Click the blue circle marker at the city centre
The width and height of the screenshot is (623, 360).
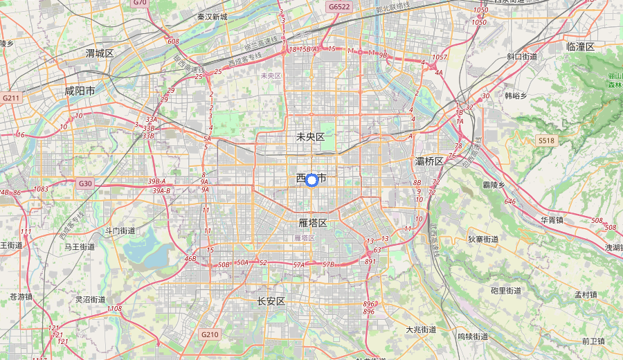pyautogui.click(x=311, y=180)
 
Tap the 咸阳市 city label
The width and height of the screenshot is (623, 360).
pyautogui.click(x=80, y=91)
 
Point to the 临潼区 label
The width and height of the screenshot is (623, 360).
pyautogui.click(x=580, y=46)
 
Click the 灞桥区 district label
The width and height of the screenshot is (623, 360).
pyautogui.click(x=429, y=161)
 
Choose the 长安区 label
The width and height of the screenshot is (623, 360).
pyautogui.click(x=271, y=301)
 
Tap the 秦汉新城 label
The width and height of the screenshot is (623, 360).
pyautogui.click(x=212, y=17)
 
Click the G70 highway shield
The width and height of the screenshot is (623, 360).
pyautogui.click(x=140, y=3)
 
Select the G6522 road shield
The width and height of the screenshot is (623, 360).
pyautogui.click(x=340, y=7)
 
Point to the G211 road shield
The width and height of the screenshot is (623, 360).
pyautogui.click(x=11, y=98)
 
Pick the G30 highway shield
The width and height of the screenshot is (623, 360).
pyautogui.click(x=85, y=183)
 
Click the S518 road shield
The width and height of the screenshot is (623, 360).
pyautogui.click(x=547, y=141)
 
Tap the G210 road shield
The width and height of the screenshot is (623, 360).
pyautogui.click(x=210, y=334)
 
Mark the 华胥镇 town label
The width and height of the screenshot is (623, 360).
pyautogui.click(x=552, y=220)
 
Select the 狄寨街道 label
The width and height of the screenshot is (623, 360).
pyautogui.click(x=483, y=239)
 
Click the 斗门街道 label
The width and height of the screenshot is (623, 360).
pyautogui.click(x=120, y=231)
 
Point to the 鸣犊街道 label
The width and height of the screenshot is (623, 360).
pyautogui.click(x=473, y=336)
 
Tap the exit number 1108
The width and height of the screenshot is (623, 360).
pyautogui.click(x=115, y=309)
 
